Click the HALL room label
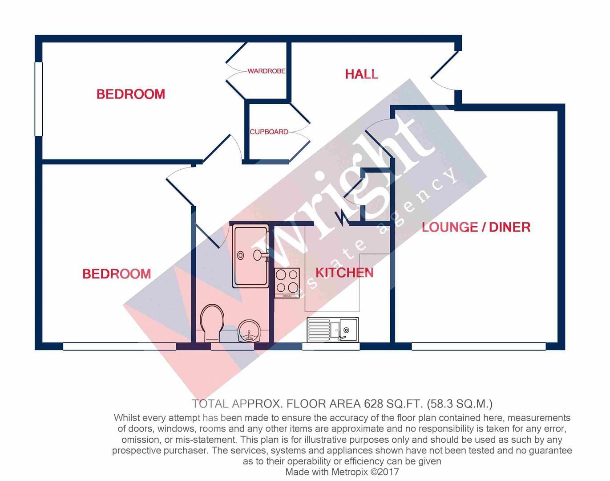[x=361, y=74]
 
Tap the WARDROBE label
[x=266, y=71]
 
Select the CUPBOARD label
[x=269, y=132]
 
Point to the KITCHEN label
[x=344, y=273]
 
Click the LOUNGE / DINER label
[x=476, y=227]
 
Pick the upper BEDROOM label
[x=130, y=94]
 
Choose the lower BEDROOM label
[x=117, y=273]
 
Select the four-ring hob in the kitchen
[x=287, y=283]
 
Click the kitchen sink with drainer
[x=333, y=330]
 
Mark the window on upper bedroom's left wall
[x=39, y=99]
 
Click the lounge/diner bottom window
[x=478, y=346]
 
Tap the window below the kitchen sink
[x=331, y=346]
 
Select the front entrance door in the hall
[x=444, y=71]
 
